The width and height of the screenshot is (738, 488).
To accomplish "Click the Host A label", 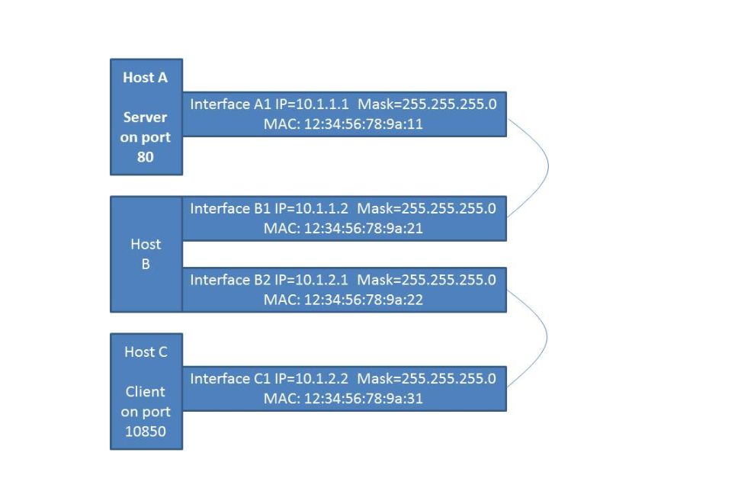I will click(x=145, y=78).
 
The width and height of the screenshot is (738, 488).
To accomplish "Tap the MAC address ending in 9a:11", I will click(x=363, y=124).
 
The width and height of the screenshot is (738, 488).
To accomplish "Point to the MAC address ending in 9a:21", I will click(x=363, y=228).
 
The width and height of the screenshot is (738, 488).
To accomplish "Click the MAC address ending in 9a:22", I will click(x=363, y=300).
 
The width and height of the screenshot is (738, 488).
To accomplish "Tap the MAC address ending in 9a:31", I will click(x=363, y=399).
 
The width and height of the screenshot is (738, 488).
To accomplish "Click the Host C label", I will click(x=146, y=352).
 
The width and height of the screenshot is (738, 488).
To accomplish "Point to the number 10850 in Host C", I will click(x=146, y=432).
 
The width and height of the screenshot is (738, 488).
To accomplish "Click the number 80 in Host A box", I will click(x=146, y=157).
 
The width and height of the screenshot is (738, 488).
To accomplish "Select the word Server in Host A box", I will click(x=145, y=118).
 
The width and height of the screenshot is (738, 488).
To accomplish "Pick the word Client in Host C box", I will click(x=146, y=392).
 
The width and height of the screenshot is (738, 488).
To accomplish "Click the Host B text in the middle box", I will click(x=146, y=254).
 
